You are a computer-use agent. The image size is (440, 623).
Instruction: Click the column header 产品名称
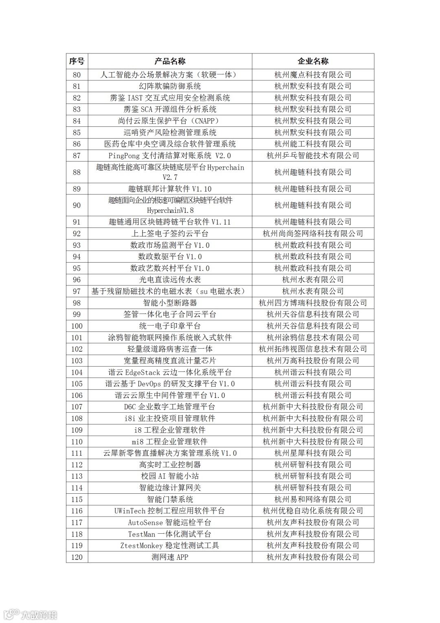tap(170, 61)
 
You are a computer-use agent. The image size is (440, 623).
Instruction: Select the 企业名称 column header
tap(313, 61)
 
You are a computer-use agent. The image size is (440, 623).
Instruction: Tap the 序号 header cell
tap(77, 61)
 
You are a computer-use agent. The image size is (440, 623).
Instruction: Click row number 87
tap(77, 155)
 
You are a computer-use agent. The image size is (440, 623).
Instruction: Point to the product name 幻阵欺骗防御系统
tap(170, 86)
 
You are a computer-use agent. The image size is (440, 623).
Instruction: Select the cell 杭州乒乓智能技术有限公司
tap(313, 155)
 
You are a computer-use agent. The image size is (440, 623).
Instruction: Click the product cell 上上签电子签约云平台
tap(170, 233)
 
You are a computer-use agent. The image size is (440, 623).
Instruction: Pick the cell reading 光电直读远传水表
tap(170, 280)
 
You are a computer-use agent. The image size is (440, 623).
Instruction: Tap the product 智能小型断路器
tap(170, 303)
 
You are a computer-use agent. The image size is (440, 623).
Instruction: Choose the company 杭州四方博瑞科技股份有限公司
tap(313, 303)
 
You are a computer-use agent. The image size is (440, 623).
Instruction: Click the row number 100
tap(77, 326)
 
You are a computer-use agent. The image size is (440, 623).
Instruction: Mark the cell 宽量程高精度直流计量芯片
tap(170, 360)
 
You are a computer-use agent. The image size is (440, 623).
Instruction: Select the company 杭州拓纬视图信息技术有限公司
tap(313, 349)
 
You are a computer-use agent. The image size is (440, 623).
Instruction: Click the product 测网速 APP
tap(170, 557)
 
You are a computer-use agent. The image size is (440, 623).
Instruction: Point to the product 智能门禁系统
tap(170, 499)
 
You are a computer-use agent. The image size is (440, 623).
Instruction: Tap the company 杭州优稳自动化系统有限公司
tap(313, 511)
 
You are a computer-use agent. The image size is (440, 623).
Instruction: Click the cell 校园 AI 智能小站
tap(170, 476)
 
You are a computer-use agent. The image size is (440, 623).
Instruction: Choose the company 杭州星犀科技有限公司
tap(313, 453)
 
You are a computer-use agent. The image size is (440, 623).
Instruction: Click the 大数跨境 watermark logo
tap(31, 614)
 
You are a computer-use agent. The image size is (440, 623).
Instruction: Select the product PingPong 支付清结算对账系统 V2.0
tap(170, 155)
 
